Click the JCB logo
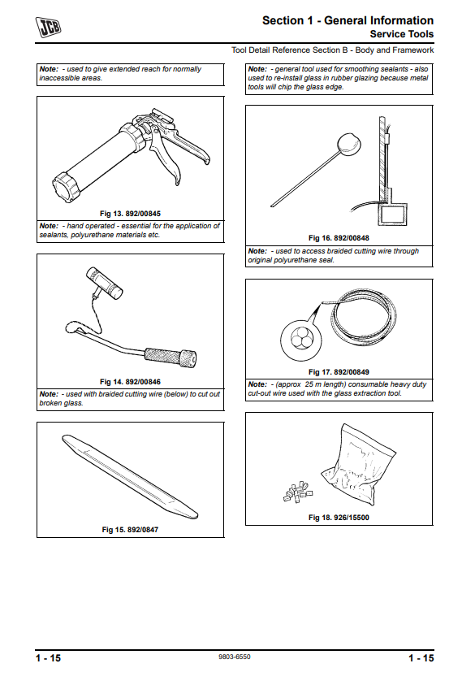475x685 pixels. point(48,27)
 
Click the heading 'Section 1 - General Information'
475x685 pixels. point(348,20)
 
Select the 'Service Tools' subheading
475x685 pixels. point(402,34)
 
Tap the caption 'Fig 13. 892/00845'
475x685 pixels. point(130,214)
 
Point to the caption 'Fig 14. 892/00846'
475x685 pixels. point(130,382)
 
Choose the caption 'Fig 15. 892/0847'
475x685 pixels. point(130,530)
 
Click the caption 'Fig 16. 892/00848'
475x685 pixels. point(339,238)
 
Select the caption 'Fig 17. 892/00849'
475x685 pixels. point(339,372)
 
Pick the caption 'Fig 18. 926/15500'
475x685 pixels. point(339,518)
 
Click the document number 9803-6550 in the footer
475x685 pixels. point(235,657)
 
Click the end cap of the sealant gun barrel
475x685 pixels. point(67,188)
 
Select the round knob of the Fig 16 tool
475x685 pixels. point(349,144)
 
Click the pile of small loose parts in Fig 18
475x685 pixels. point(298,492)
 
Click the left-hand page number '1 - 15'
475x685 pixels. point(48,658)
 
